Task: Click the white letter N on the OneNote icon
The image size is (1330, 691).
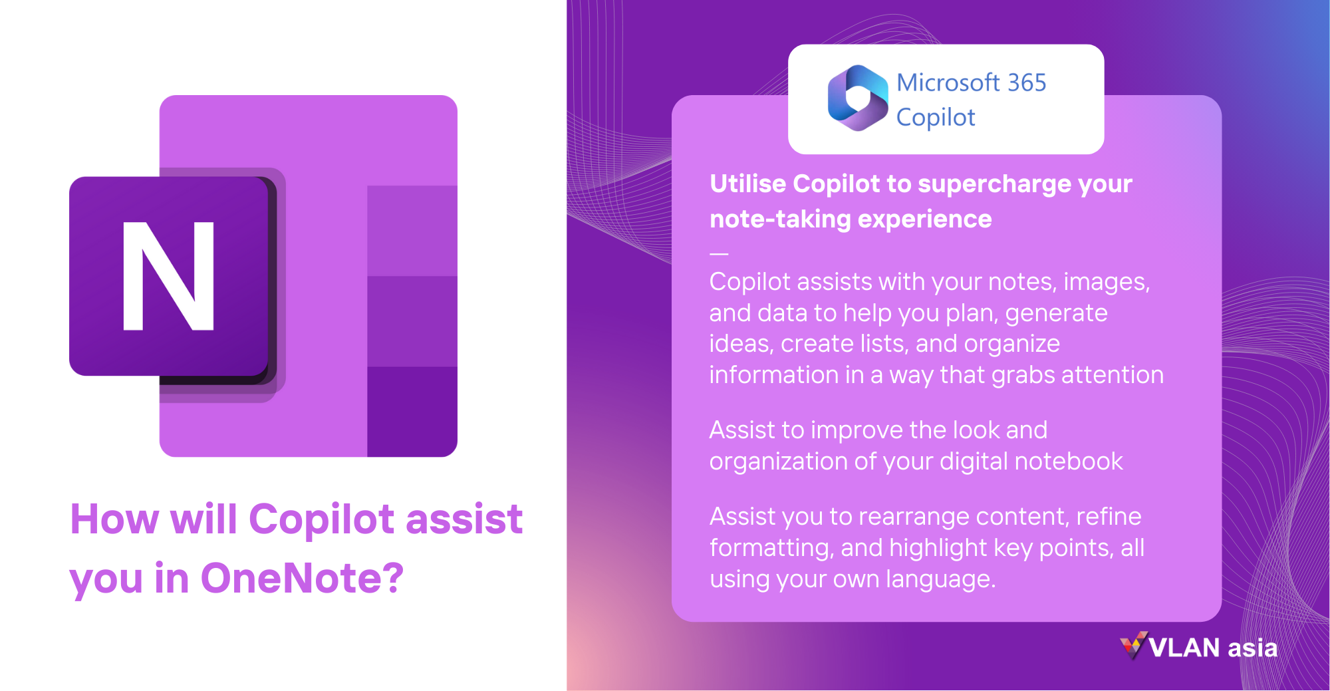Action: [x=169, y=275]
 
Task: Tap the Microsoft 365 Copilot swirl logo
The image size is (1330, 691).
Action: [x=857, y=98]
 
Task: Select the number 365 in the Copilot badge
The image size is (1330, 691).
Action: [x=1027, y=83]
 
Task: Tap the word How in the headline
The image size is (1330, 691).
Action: [x=114, y=519]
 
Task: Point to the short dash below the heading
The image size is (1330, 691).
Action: [x=719, y=253]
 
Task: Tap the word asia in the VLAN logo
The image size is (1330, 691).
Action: [x=1252, y=648]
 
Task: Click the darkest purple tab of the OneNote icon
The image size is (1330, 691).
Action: [x=412, y=411]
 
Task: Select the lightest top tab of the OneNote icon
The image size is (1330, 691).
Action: [x=412, y=230]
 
